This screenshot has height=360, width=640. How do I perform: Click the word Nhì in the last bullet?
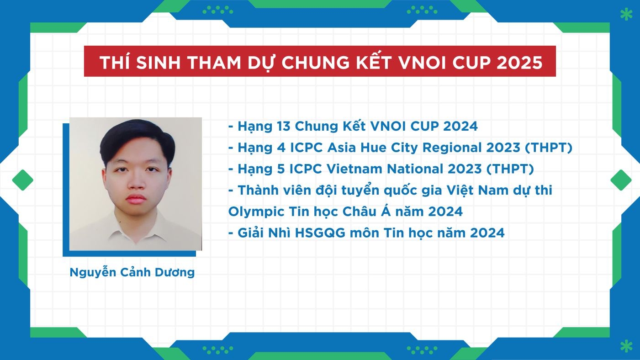click(279, 233)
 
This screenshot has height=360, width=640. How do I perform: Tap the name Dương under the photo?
click(175, 273)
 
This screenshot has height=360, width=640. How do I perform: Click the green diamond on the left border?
click(22, 180)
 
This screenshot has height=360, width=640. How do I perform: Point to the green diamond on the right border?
click(620, 180)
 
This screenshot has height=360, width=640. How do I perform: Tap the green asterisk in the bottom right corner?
click(626, 346)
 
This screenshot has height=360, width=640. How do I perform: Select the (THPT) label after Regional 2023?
click(549, 148)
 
